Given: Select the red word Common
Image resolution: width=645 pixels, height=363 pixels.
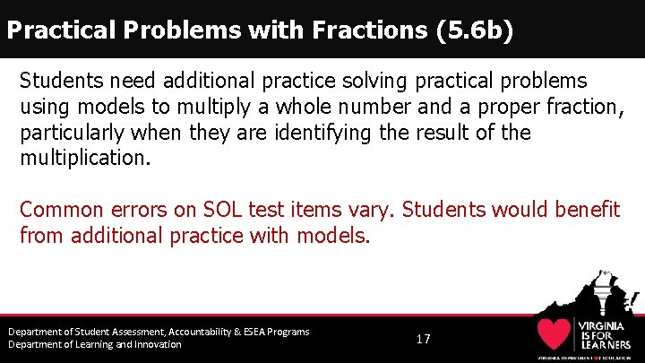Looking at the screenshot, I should (x=59, y=210).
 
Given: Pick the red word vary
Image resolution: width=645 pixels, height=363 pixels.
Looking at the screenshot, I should (x=373, y=210).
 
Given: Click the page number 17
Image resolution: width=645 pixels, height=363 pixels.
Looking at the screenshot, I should (x=424, y=339).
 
